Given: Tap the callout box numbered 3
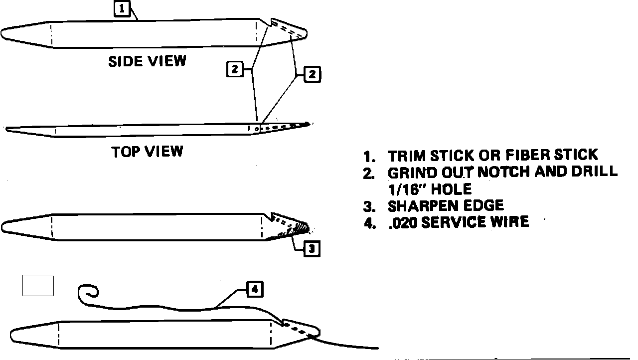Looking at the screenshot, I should pos(312,248).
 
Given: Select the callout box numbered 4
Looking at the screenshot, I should pos(254,290).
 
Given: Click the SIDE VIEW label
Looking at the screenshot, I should pos(147,61).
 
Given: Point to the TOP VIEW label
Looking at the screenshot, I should pos(147,151).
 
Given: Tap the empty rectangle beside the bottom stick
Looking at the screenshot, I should pos(38,286).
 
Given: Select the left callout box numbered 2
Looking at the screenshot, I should pos(234,69).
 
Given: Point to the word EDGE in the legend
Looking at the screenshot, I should pos(482,205).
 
